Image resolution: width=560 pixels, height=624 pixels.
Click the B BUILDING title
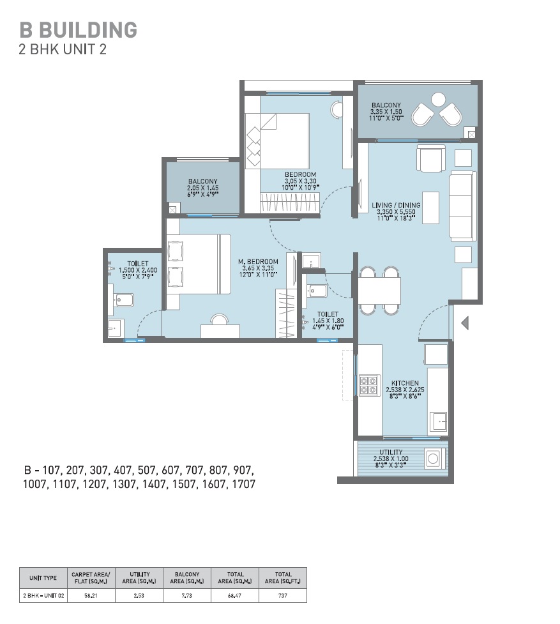[79, 30]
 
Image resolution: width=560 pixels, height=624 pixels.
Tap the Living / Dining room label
[396, 206]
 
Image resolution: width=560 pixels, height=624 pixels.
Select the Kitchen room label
[405, 383]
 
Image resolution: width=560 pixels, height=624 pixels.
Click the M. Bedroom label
[258, 261]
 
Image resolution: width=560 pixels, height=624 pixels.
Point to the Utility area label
[391, 452]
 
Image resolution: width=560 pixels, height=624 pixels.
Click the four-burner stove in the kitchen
[368, 385]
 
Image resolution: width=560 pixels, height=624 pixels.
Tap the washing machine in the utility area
[434, 459]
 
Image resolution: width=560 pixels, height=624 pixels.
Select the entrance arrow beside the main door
[465, 323]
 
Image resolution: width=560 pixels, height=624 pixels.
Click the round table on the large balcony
[438, 100]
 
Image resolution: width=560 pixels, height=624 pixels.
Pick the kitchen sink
[440, 422]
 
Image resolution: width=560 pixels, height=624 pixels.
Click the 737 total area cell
[283, 595]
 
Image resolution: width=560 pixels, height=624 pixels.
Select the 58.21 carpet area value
[91, 595]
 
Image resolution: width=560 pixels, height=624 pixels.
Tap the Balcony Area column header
[187, 578]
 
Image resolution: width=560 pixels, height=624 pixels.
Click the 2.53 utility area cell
[139, 595]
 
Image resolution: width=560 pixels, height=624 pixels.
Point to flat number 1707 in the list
[243, 484]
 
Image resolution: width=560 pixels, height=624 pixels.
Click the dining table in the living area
[379, 291]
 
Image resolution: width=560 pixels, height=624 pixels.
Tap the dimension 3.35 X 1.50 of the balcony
[386, 112]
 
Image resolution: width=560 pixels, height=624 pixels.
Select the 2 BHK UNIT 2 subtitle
[63, 49]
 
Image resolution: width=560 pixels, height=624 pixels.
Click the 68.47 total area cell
[234, 595]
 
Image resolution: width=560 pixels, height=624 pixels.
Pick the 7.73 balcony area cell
[186, 595]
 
